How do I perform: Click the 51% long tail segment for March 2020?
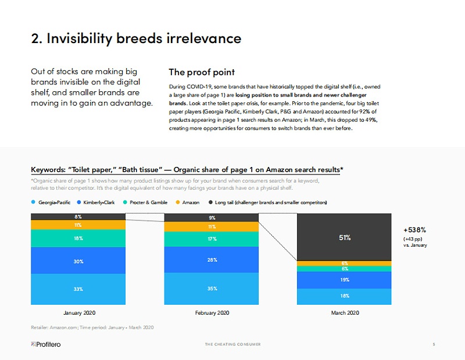[x=345, y=237]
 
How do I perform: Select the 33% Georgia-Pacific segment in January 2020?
[x=78, y=289]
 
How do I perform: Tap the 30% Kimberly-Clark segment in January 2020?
[x=78, y=261]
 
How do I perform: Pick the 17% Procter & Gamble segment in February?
[x=212, y=238]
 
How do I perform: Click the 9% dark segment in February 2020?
[x=212, y=218]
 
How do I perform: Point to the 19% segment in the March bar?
[x=345, y=280]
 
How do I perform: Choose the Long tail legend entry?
[x=267, y=202]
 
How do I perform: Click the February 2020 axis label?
[x=212, y=313]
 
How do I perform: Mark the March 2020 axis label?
[x=345, y=313]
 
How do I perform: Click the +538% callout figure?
[x=415, y=230]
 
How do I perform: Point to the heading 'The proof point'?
[x=202, y=72]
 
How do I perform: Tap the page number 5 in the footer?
[x=434, y=344]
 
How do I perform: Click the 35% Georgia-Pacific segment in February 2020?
[x=212, y=287]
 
